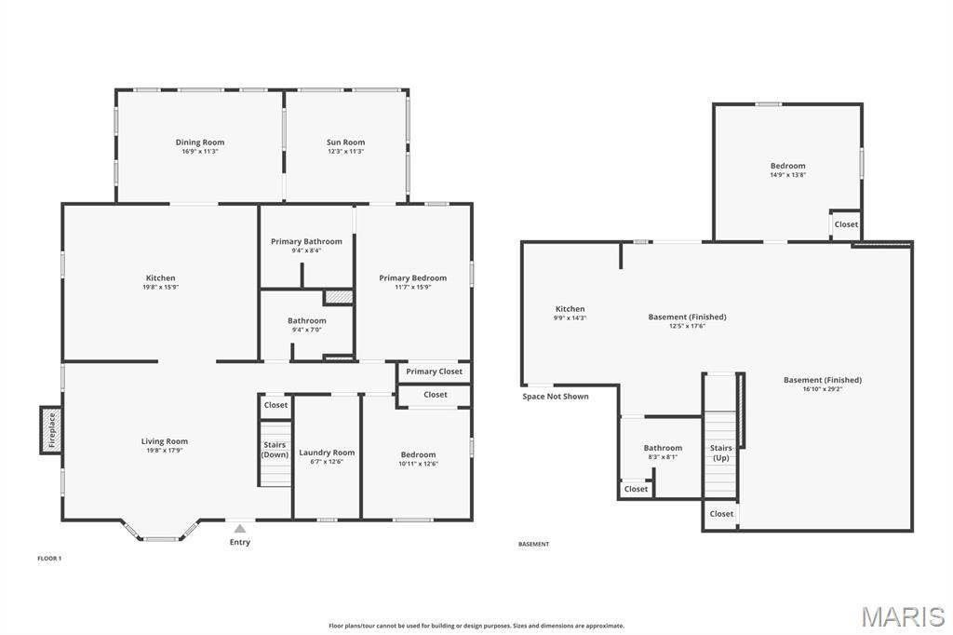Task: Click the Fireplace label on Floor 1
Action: click(x=52, y=430)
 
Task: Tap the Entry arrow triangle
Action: click(x=240, y=528)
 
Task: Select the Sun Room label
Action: click(x=346, y=142)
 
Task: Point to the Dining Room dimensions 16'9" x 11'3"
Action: click(x=200, y=152)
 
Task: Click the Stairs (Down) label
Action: click(x=275, y=450)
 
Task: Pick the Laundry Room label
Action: click(x=327, y=453)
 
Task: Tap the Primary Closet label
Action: click(x=434, y=371)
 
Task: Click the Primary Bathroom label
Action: click(x=306, y=241)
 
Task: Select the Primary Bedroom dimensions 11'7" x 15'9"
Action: click(x=412, y=287)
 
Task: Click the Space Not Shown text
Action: click(x=556, y=397)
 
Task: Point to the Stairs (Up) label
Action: click(x=721, y=453)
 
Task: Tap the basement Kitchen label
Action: click(x=570, y=309)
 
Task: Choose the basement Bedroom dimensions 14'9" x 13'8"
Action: click(x=787, y=174)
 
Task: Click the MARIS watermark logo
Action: click(x=903, y=616)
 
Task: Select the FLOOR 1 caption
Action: click(x=50, y=559)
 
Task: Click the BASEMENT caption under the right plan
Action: click(x=533, y=545)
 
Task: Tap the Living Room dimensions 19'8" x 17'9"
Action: click(x=164, y=451)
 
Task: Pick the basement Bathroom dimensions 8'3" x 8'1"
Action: click(x=663, y=457)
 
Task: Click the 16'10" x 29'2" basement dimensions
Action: click(x=823, y=389)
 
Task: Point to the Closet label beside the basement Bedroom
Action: click(x=846, y=224)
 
